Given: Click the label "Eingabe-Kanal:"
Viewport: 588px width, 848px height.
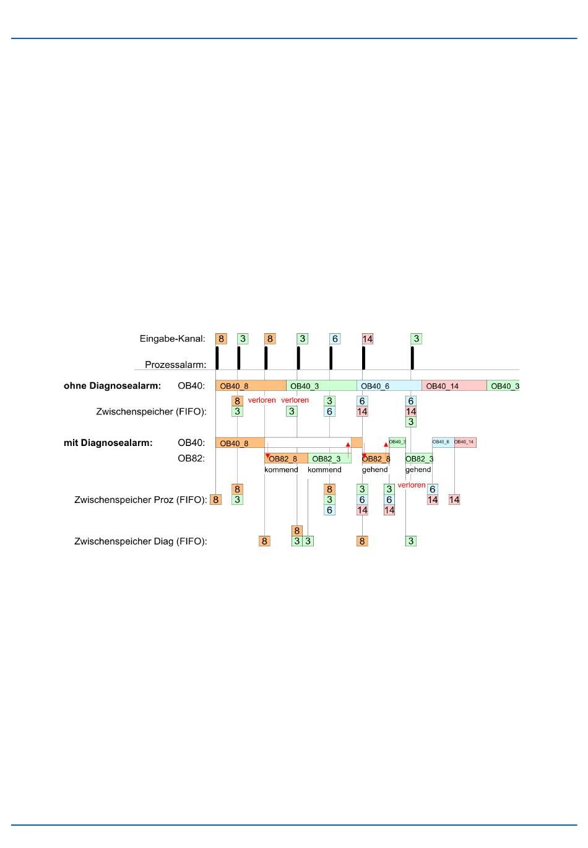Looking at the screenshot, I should (x=172, y=339).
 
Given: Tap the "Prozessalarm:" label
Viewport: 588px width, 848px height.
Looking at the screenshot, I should (x=175, y=365).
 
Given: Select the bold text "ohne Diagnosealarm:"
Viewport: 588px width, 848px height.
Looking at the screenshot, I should (x=112, y=386).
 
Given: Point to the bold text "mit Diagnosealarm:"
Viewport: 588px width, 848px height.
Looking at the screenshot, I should (x=108, y=443).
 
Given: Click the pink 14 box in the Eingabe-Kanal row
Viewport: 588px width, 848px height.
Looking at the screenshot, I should (x=368, y=339).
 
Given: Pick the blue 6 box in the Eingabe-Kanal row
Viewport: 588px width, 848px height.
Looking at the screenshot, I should (x=335, y=339).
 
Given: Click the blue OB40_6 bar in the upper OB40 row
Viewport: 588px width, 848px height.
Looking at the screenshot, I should (x=389, y=386).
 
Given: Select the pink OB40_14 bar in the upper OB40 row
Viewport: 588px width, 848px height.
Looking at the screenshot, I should (x=454, y=386).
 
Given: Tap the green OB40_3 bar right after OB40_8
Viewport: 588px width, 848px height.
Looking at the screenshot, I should (x=321, y=386).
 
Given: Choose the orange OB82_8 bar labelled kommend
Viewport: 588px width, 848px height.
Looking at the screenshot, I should (x=285, y=459).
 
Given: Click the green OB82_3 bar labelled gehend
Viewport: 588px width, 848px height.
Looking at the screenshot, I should (x=419, y=459).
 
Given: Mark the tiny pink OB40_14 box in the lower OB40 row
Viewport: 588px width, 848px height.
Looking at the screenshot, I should (x=465, y=442).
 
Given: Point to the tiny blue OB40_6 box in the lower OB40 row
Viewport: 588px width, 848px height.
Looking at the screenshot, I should (x=443, y=442).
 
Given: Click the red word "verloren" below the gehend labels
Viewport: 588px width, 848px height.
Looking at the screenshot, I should (x=412, y=485).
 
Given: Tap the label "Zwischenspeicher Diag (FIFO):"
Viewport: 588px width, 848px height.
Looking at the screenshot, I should (x=141, y=541).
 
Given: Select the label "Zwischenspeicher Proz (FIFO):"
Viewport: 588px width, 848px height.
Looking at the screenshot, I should (x=141, y=500).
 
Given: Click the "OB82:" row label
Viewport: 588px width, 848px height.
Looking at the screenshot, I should (x=191, y=459).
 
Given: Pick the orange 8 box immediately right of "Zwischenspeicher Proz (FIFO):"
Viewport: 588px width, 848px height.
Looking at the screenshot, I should (x=215, y=500).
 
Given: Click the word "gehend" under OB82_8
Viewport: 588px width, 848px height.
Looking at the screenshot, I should (x=375, y=470).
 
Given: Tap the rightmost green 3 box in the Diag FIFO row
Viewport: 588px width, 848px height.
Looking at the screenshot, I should (x=410, y=541).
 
